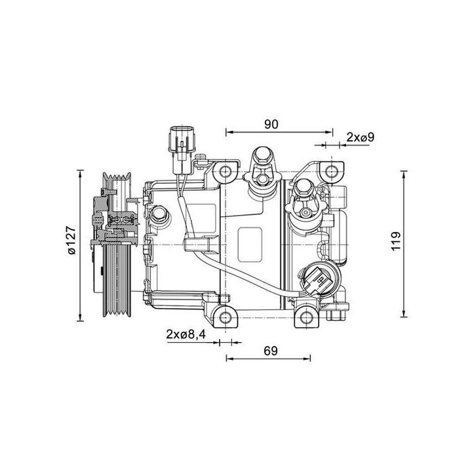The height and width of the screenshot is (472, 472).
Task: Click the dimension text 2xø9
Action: click(360, 137)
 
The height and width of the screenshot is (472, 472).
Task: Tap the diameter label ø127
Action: click(71, 243)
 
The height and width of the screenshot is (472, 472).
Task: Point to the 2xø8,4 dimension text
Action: click(186, 334)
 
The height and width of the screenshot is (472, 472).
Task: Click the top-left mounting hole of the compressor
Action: click(226, 173)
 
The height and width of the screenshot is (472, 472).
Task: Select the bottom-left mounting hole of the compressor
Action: click(226, 318)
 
